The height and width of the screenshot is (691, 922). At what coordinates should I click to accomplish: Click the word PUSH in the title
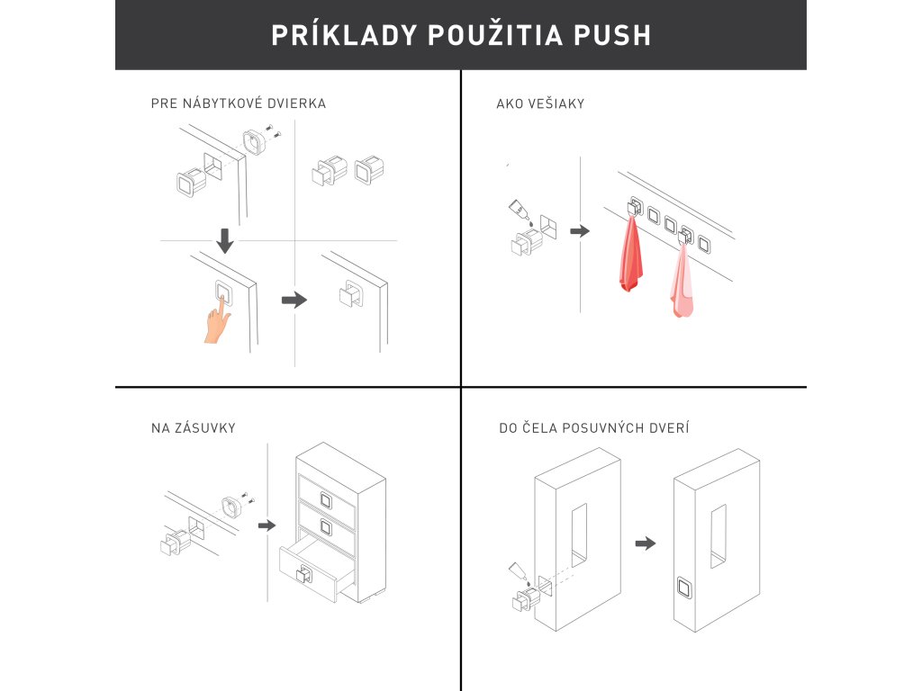tap(612, 35)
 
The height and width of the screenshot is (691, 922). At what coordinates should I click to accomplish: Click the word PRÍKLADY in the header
tap(344, 34)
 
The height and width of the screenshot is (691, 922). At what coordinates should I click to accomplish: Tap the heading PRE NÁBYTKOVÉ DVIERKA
tap(238, 103)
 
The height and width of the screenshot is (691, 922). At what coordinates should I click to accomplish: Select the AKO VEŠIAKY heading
tap(540, 103)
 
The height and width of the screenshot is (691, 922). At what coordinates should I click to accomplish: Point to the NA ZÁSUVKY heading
tap(194, 427)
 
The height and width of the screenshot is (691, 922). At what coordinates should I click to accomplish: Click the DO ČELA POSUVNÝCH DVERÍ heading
tap(594, 427)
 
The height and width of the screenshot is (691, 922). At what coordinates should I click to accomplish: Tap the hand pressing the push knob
tap(218, 319)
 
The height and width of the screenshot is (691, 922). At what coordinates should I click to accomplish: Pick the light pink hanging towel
tap(681, 281)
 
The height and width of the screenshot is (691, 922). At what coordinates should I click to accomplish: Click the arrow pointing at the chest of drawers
tap(267, 525)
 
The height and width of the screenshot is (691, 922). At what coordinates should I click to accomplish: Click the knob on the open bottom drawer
tap(303, 573)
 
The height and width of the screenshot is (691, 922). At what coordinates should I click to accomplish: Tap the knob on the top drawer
tap(326, 500)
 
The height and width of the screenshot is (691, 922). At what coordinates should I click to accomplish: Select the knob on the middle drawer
tap(326, 527)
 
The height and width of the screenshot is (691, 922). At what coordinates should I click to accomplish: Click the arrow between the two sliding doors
tap(646, 543)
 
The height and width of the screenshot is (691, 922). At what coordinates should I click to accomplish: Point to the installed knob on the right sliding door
tap(684, 588)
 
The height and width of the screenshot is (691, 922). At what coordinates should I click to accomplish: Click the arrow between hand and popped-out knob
tap(294, 301)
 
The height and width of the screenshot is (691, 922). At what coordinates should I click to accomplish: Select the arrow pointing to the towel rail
tap(580, 231)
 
